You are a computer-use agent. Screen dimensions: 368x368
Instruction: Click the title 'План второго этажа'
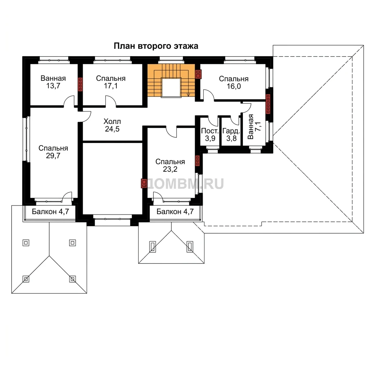pyautogui.click(x=156, y=46)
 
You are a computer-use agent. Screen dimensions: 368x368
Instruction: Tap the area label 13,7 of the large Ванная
pyautogui.click(x=53, y=86)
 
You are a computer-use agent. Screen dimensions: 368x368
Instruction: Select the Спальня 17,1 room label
pyautogui.click(x=111, y=82)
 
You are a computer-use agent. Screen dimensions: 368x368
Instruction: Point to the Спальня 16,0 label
pyautogui.click(x=234, y=82)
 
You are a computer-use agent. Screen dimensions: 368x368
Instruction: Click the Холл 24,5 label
pyautogui.click(x=112, y=125)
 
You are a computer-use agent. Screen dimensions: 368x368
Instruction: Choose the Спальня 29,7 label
pyautogui.click(x=53, y=152)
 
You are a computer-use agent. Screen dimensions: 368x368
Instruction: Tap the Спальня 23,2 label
pyautogui.click(x=170, y=165)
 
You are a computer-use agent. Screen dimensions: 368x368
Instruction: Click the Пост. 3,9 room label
pyautogui.click(x=210, y=134)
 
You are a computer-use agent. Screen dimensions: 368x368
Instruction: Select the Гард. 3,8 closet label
pyautogui.click(x=231, y=134)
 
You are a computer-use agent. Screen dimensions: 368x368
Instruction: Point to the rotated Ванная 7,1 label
pyautogui.click(x=254, y=127)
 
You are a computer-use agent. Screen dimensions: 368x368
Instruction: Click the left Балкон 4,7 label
pyautogui.click(x=50, y=212)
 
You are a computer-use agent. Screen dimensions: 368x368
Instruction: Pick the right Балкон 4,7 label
pyautogui.click(x=175, y=212)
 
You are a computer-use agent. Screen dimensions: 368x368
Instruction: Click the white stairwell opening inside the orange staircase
pyautogui.click(x=171, y=87)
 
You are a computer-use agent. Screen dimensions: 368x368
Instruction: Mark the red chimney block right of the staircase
pyautogui.click(x=198, y=74)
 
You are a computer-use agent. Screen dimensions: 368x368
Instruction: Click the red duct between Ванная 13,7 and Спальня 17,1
pyautogui.click(x=80, y=84)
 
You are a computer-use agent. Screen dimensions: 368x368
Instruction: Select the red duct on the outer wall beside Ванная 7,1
pyautogui.click(x=268, y=104)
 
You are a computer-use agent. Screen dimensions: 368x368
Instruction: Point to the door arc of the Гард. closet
pyautogui.click(x=235, y=120)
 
